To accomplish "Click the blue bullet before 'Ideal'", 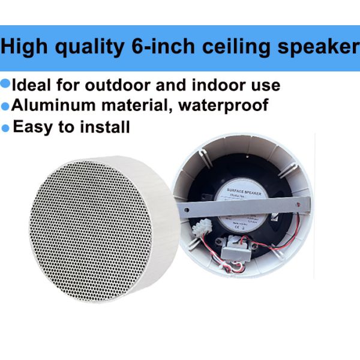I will point(6,83).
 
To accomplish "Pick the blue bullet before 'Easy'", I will point(6,127).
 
